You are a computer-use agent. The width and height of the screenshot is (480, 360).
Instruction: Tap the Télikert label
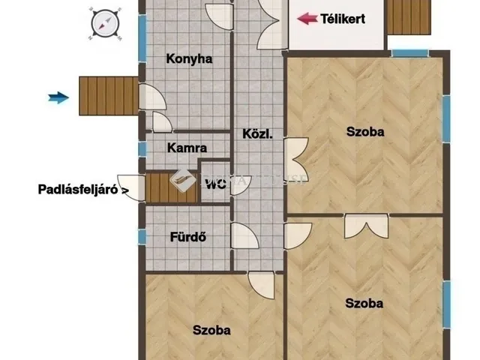(343, 19)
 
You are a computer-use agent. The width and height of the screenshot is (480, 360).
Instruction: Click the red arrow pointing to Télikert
(306, 19)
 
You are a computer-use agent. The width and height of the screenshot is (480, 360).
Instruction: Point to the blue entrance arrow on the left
(58, 96)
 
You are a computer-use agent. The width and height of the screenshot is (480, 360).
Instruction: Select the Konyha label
(189, 59)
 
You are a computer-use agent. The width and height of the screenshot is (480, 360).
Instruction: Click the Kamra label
(187, 148)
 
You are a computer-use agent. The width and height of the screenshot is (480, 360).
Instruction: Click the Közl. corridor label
(256, 135)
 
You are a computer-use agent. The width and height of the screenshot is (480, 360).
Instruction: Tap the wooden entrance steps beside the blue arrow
(109, 95)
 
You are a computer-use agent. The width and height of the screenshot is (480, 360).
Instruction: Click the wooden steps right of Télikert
(410, 16)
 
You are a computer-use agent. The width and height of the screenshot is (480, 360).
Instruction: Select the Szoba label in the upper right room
(365, 132)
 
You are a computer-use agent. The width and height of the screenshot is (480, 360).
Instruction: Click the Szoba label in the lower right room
(364, 304)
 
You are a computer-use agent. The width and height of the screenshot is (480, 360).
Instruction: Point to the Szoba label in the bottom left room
(211, 329)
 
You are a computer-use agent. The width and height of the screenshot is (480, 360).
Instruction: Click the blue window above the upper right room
(410, 52)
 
